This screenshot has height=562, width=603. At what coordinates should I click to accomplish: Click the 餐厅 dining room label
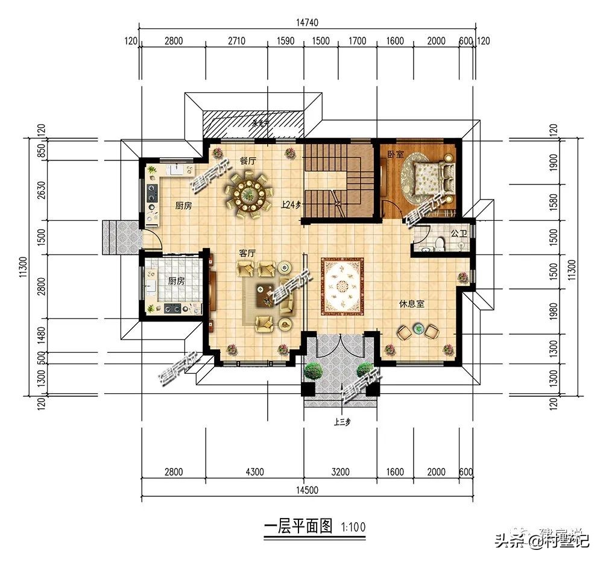point(248,161)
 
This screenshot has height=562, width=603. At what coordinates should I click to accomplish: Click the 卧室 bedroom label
point(396,155)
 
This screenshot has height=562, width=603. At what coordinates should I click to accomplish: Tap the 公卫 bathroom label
point(459,233)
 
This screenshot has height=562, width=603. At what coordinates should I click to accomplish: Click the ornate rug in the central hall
point(343,286)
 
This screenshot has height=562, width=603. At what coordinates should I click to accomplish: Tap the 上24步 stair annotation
point(291,205)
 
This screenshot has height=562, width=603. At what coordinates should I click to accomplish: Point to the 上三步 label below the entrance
point(342,422)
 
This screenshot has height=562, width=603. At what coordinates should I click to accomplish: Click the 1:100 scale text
point(353,527)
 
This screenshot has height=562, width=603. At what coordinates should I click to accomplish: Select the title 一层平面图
point(298,526)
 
